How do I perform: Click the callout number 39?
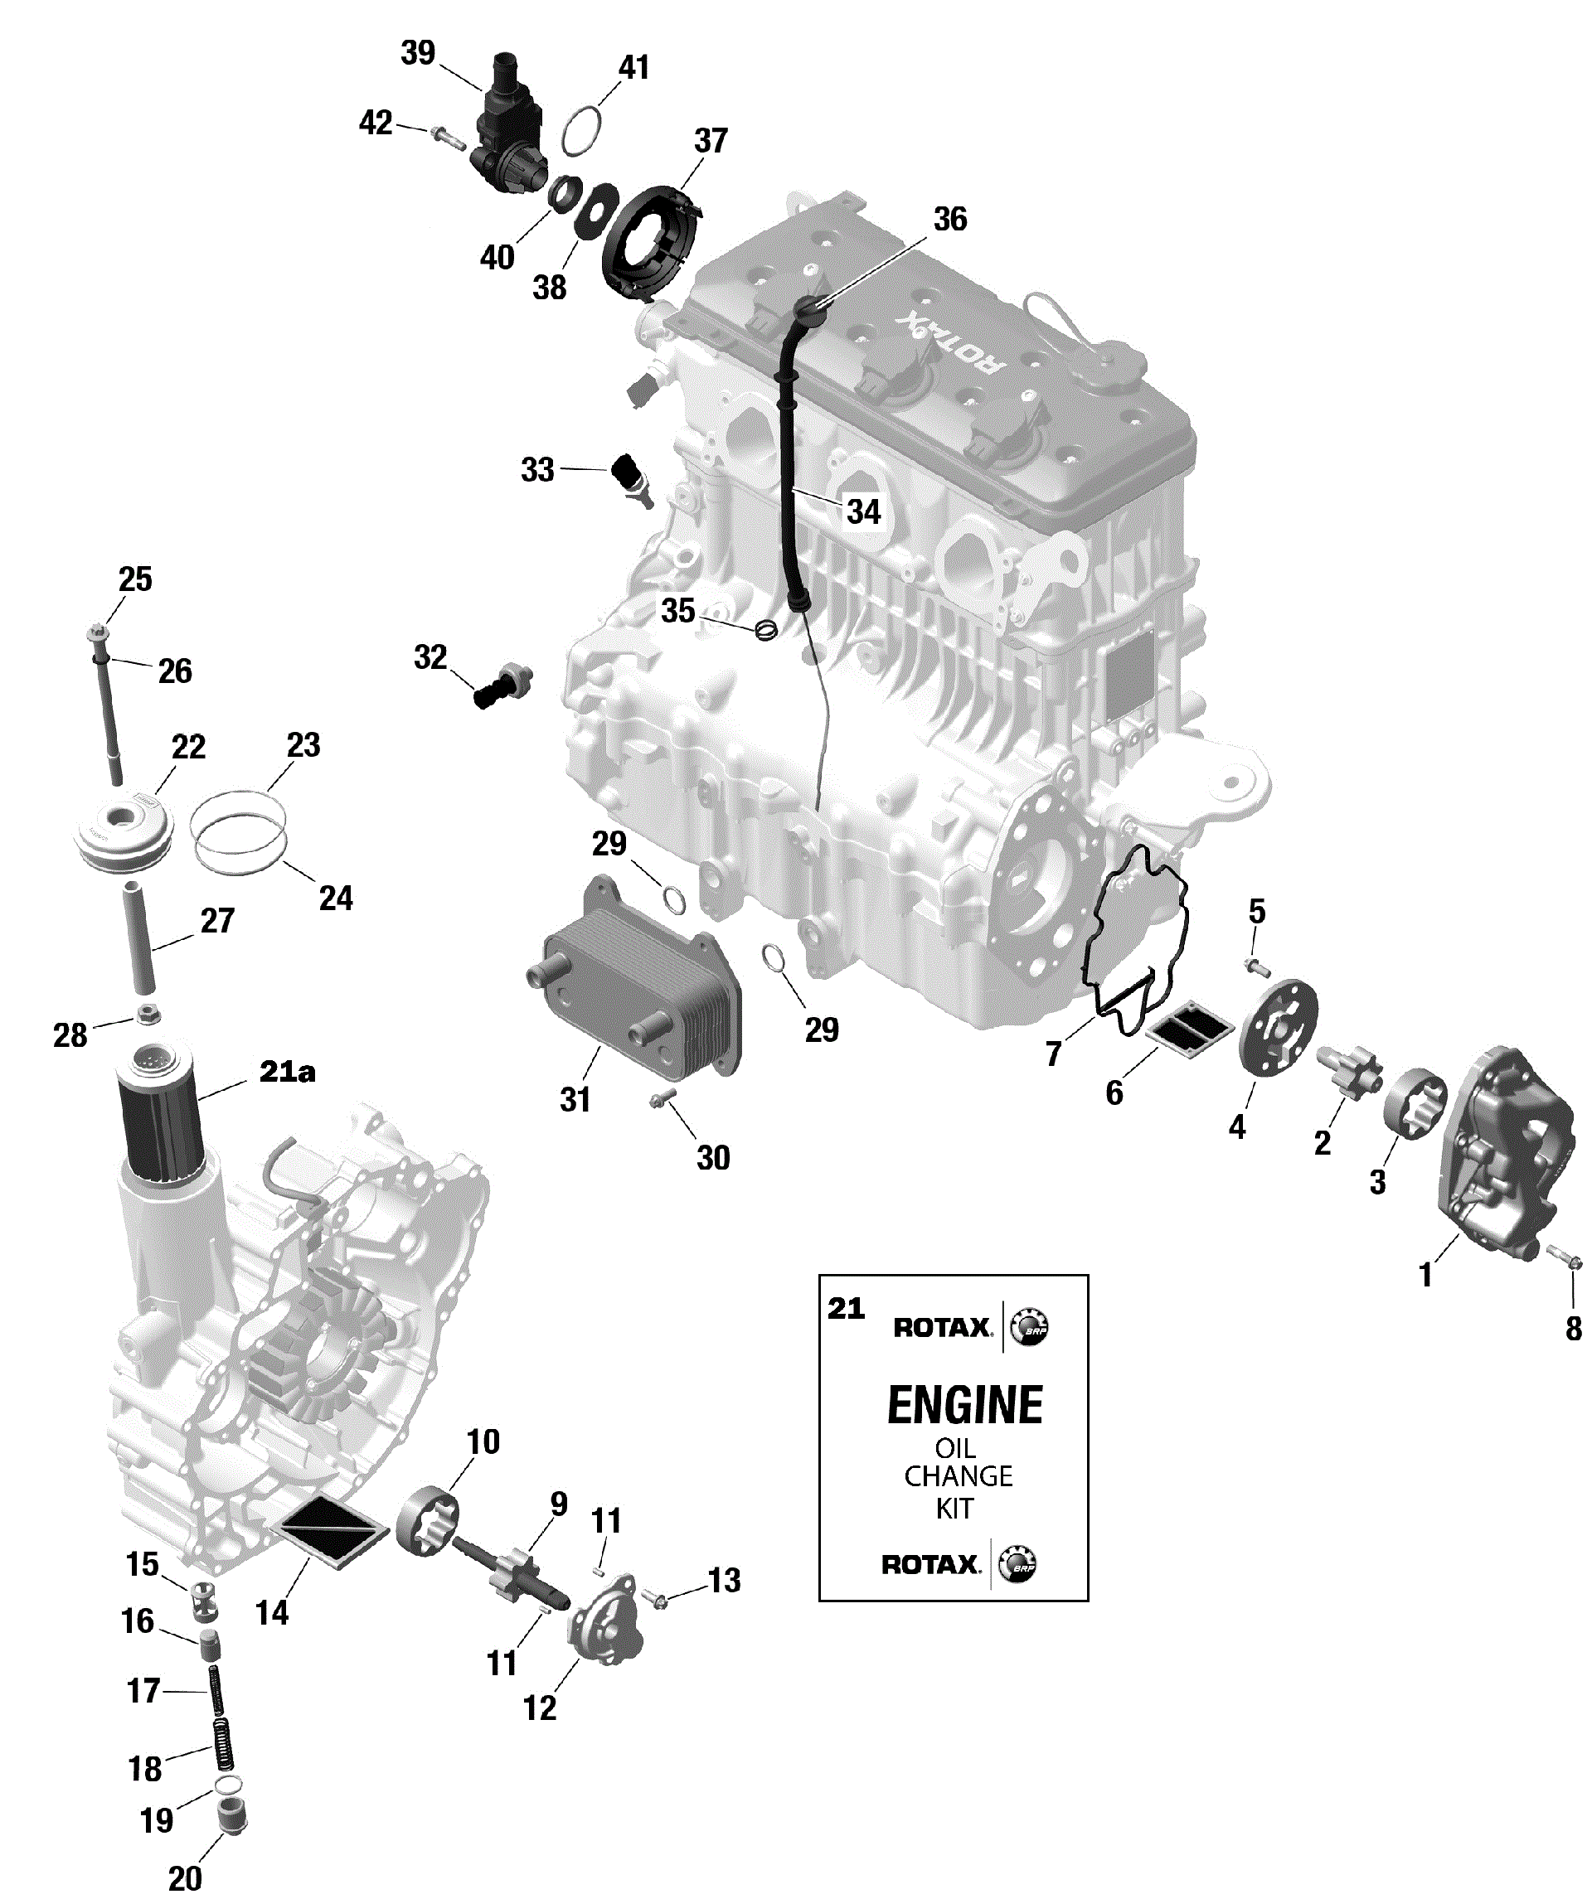tap(418, 52)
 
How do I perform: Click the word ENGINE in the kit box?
tap(964, 1405)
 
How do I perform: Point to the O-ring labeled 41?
tap(581, 130)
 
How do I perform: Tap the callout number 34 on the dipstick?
tap(863, 511)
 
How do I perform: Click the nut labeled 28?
tap(148, 1015)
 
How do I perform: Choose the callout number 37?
tap(711, 141)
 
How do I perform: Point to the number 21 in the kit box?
tap(846, 1308)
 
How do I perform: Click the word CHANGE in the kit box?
tap(958, 1475)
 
